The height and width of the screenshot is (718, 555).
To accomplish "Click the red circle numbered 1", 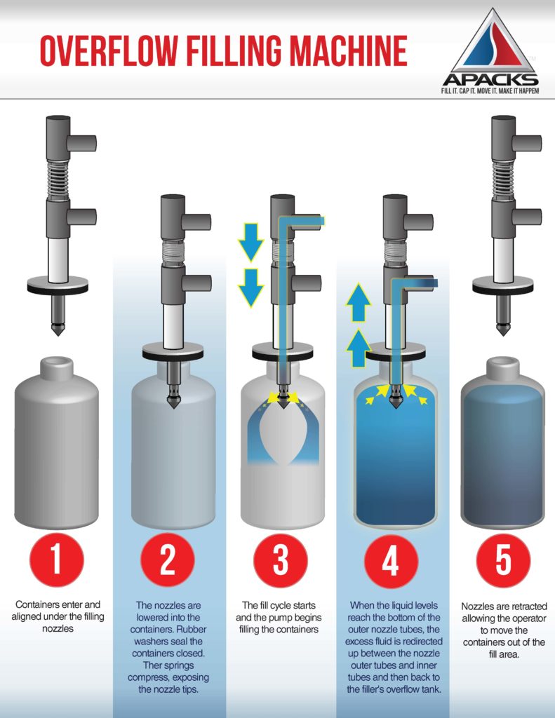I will click(x=58, y=560).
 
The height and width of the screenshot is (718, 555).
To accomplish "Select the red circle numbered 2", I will click(x=168, y=560).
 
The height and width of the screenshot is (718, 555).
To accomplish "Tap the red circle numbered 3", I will click(x=280, y=560).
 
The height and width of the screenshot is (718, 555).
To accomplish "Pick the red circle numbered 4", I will click(x=392, y=560).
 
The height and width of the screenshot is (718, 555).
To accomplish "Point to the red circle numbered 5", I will click(x=502, y=560).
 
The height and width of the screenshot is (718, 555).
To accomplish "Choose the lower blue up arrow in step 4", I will click(x=360, y=346).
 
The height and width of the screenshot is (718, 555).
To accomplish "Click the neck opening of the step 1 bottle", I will click(x=58, y=365).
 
